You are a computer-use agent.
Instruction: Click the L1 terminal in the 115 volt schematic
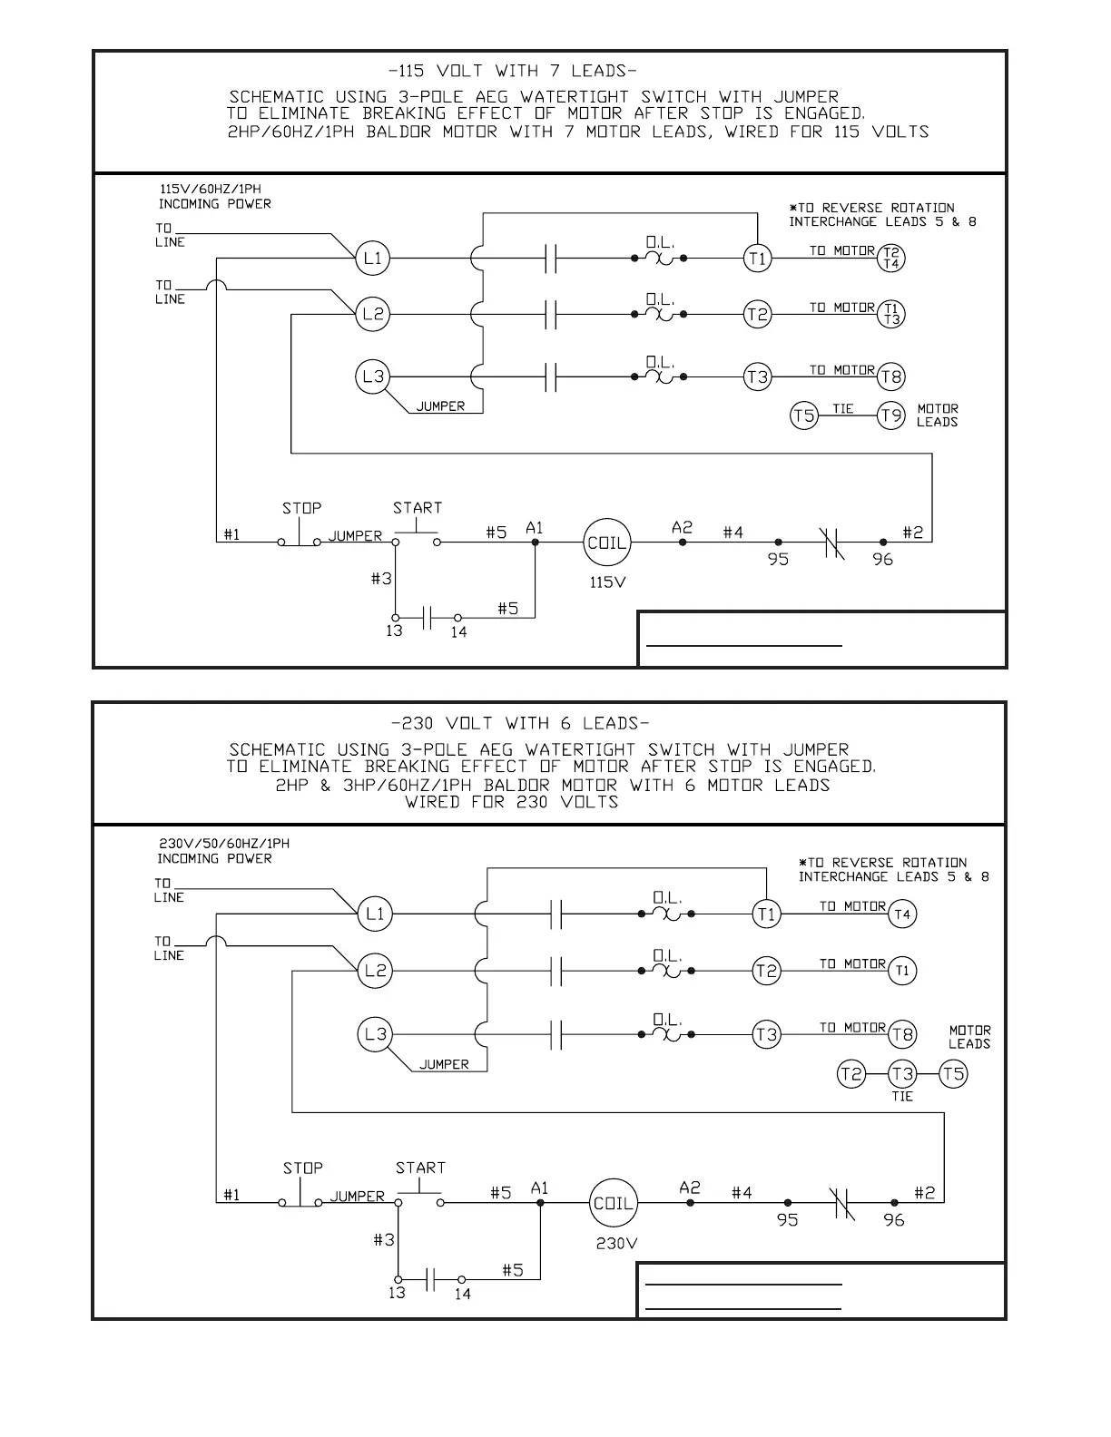pyautogui.click(x=372, y=259)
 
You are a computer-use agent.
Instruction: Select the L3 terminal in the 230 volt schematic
pyautogui.click(x=375, y=1034)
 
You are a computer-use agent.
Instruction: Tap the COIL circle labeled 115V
pyautogui.click(x=606, y=543)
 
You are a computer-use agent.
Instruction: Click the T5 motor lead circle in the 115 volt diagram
pyautogui.click(x=803, y=416)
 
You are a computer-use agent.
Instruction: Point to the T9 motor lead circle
pyautogui.click(x=891, y=416)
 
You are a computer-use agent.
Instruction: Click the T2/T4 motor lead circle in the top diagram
pyautogui.click(x=891, y=259)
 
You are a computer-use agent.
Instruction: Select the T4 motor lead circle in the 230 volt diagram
pyautogui.click(x=901, y=914)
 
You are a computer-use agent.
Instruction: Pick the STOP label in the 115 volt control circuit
pyautogui.click(x=301, y=508)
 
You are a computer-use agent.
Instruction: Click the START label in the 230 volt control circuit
pyautogui.click(x=420, y=1168)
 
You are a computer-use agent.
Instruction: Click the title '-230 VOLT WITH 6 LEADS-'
pyautogui.click(x=519, y=723)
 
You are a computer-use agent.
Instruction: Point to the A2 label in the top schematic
pyautogui.click(x=682, y=527)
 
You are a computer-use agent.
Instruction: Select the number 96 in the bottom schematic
pyautogui.click(x=894, y=1220)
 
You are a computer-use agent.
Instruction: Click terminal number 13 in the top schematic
pyautogui.click(x=394, y=631)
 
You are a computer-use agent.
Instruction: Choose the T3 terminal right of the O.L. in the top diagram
pyautogui.click(x=757, y=376)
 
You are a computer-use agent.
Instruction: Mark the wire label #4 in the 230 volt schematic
pyautogui.click(x=742, y=1193)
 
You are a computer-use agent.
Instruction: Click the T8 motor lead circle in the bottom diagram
pyautogui.click(x=902, y=1034)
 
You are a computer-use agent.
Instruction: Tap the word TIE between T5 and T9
pyautogui.click(x=843, y=409)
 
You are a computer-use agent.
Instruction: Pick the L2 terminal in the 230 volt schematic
pyautogui.click(x=375, y=971)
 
